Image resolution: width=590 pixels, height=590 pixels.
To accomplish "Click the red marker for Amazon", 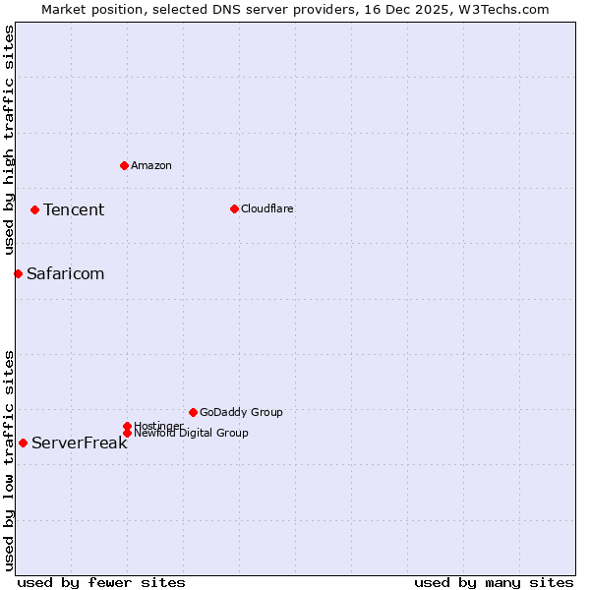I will [124, 165].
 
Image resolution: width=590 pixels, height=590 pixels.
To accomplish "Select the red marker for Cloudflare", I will [234, 208].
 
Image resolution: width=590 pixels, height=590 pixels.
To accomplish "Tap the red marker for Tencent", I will [34, 209].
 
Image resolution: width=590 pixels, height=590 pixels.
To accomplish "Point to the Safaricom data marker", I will [18, 273].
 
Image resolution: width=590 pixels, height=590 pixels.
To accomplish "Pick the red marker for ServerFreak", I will [23, 442].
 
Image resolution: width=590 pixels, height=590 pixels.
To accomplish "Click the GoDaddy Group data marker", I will [193, 412].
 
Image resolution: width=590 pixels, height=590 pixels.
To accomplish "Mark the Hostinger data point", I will [127, 426].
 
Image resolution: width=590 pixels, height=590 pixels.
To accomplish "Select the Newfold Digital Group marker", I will [127, 433].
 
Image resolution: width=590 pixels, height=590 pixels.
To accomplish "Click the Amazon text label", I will [151, 165].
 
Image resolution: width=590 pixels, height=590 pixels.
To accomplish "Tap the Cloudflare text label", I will [266, 208].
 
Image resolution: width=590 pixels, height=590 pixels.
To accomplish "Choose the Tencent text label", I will [74, 209].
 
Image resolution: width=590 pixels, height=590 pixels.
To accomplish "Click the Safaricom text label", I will [65, 273].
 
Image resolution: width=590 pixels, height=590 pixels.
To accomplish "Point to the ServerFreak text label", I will [79, 442].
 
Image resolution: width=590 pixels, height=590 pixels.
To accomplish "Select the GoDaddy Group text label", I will [241, 412].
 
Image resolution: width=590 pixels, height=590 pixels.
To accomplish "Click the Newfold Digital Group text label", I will [191, 433].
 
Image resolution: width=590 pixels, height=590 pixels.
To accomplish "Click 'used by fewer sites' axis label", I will [101, 582].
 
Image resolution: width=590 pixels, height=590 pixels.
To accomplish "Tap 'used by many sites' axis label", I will [494, 582].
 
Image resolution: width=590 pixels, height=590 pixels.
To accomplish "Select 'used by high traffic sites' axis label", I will [9, 141].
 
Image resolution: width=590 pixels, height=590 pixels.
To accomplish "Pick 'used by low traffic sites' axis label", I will [9, 460].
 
